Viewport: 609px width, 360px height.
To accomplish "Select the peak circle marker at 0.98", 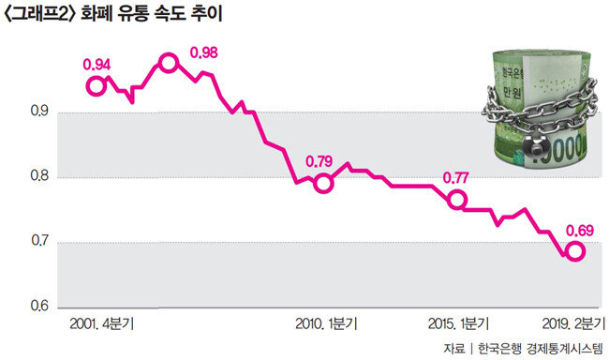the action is click(x=169, y=63).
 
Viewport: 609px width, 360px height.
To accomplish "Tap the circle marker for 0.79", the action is click(x=323, y=184).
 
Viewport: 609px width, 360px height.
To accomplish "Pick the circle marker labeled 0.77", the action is click(x=457, y=200).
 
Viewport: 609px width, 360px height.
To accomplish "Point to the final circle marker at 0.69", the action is click(x=575, y=251).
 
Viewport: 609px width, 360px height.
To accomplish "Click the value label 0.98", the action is click(x=204, y=52).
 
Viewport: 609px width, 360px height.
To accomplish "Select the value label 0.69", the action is click(x=579, y=231).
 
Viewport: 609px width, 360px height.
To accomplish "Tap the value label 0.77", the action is click(x=456, y=178).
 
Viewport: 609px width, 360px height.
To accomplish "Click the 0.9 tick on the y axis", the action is click(x=39, y=112).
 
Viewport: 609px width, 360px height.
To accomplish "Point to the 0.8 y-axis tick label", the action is click(x=39, y=175).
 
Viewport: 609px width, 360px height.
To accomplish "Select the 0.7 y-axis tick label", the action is click(x=39, y=241).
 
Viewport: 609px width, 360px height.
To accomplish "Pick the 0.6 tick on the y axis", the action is click(x=39, y=306).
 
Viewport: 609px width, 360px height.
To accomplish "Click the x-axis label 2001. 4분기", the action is click(x=102, y=323).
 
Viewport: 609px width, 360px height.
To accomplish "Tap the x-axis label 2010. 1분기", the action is click(x=326, y=323).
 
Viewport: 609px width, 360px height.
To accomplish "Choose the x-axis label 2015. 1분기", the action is click(x=458, y=323).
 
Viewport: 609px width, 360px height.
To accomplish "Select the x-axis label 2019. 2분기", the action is click(x=573, y=323).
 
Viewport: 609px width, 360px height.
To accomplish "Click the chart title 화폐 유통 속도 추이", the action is click(x=152, y=14).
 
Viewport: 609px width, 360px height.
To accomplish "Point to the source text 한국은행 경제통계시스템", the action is click(x=541, y=348).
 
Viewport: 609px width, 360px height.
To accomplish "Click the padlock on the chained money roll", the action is click(x=534, y=146).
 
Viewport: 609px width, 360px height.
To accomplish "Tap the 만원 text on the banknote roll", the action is click(x=512, y=93).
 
